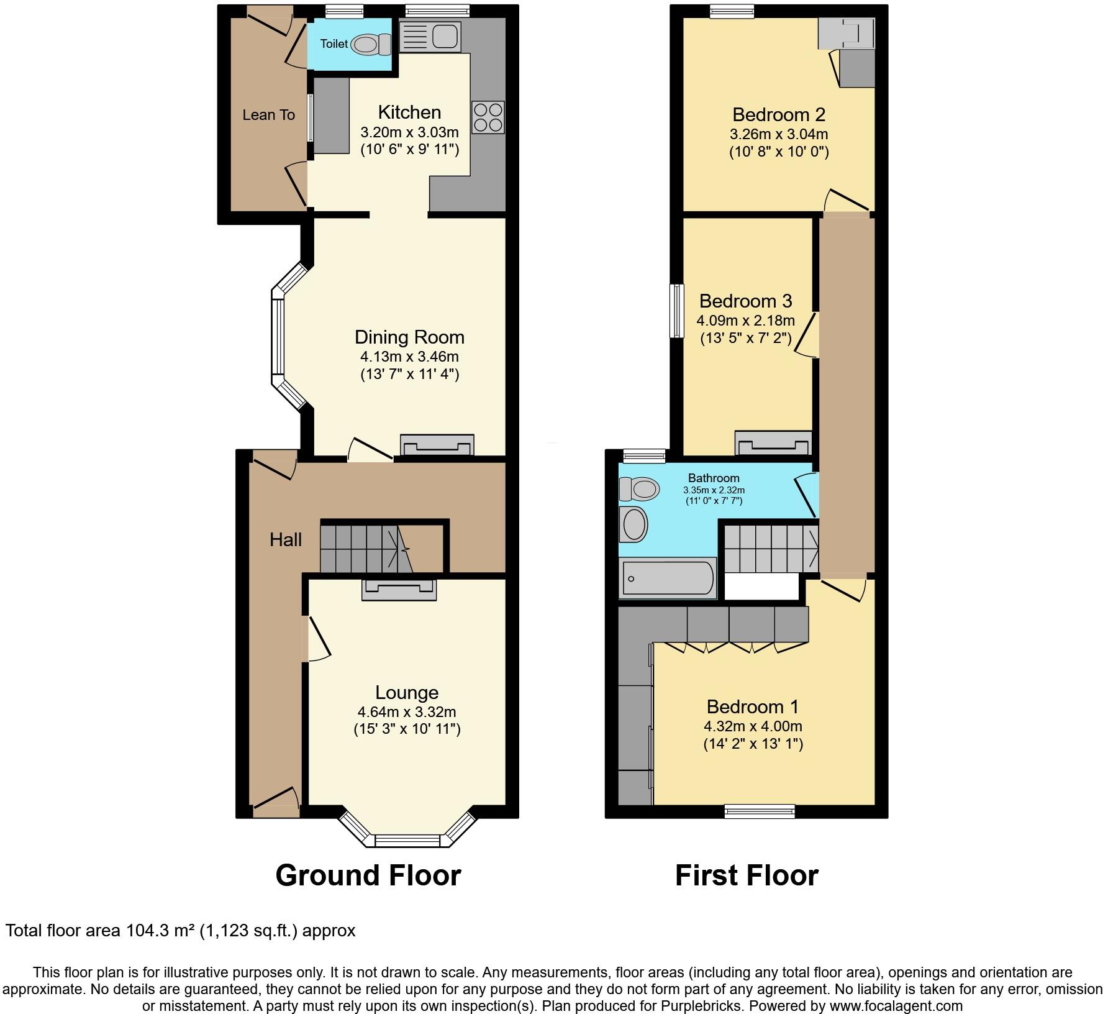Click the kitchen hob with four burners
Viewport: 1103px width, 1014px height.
pyautogui.click(x=488, y=117)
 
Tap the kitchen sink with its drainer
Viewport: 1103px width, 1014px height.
pyautogui.click(x=430, y=36)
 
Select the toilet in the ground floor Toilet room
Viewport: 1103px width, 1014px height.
pyautogui.click(x=370, y=44)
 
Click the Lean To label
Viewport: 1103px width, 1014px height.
pyautogui.click(x=268, y=115)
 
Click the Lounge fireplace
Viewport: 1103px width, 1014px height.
pyautogui.click(x=399, y=588)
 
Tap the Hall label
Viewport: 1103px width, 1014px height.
pyautogui.click(x=286, y=539)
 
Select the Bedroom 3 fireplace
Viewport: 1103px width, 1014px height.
pyautogui.click(x=773, y=443)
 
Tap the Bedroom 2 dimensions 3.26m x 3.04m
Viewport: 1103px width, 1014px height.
pyautogui.click(x=778, y=134)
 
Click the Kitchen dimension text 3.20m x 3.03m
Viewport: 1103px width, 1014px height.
pyautogui.click(x=409, y=132)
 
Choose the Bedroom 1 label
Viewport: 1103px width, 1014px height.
pyautogui.click(x=752, y=706)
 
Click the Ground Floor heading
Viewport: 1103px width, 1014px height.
pyautogui.click(x=368, y=875)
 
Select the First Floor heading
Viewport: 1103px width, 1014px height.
pyautogui.click(x=747, y=875)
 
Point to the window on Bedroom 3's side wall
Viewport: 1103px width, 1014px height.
pyautogui.click(x=676, y=311)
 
